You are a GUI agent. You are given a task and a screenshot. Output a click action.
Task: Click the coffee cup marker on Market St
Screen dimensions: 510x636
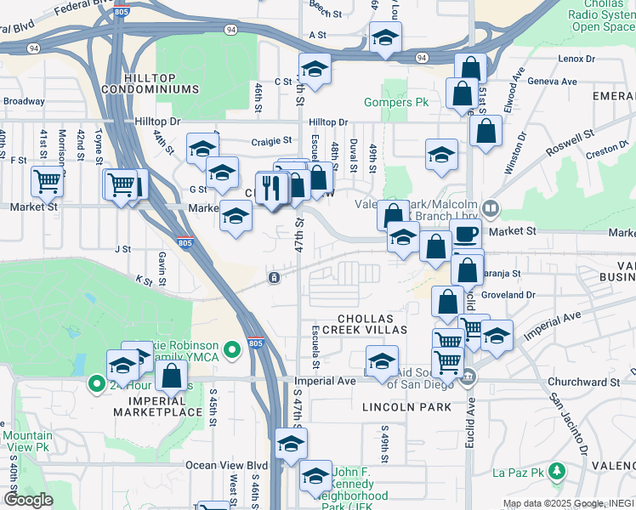coord(465,235)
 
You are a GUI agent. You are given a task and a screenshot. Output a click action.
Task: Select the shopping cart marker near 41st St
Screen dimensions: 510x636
coord(47,180)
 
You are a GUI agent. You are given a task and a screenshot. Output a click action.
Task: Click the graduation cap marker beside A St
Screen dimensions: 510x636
coord(385,37)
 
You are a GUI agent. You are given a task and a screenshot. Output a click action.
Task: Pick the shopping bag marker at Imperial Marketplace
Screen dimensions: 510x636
coord(171,376)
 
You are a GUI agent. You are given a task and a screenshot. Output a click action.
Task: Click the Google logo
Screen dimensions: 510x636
coord(28,499)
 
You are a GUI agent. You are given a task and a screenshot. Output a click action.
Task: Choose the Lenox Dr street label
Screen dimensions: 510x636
coord(578,59)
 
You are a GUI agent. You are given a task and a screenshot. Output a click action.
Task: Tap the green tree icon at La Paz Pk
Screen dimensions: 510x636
coord(556,469)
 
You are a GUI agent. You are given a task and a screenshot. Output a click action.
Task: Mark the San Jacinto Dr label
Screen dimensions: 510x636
coord(569,422)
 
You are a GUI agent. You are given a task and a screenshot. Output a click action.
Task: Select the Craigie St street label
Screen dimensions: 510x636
coord(271,141)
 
